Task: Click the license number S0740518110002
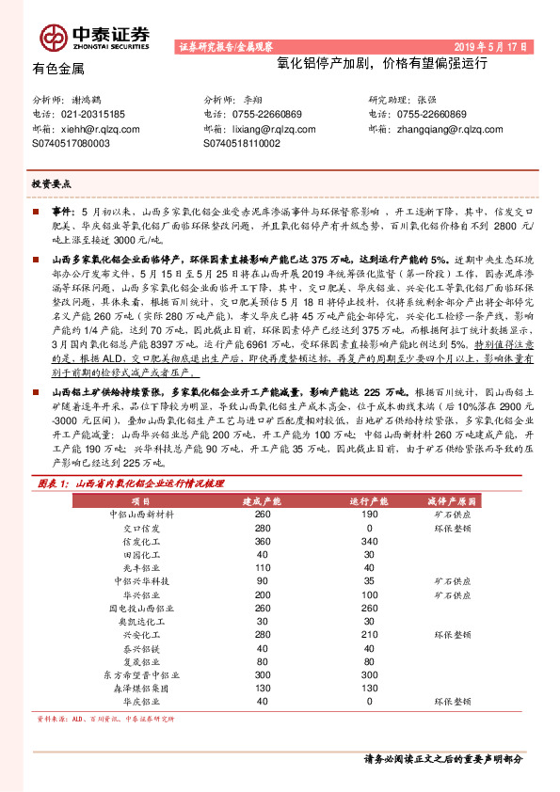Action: (242, 143)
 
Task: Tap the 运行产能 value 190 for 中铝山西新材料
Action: (370, 515)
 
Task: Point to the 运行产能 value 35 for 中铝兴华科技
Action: (370, 581)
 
